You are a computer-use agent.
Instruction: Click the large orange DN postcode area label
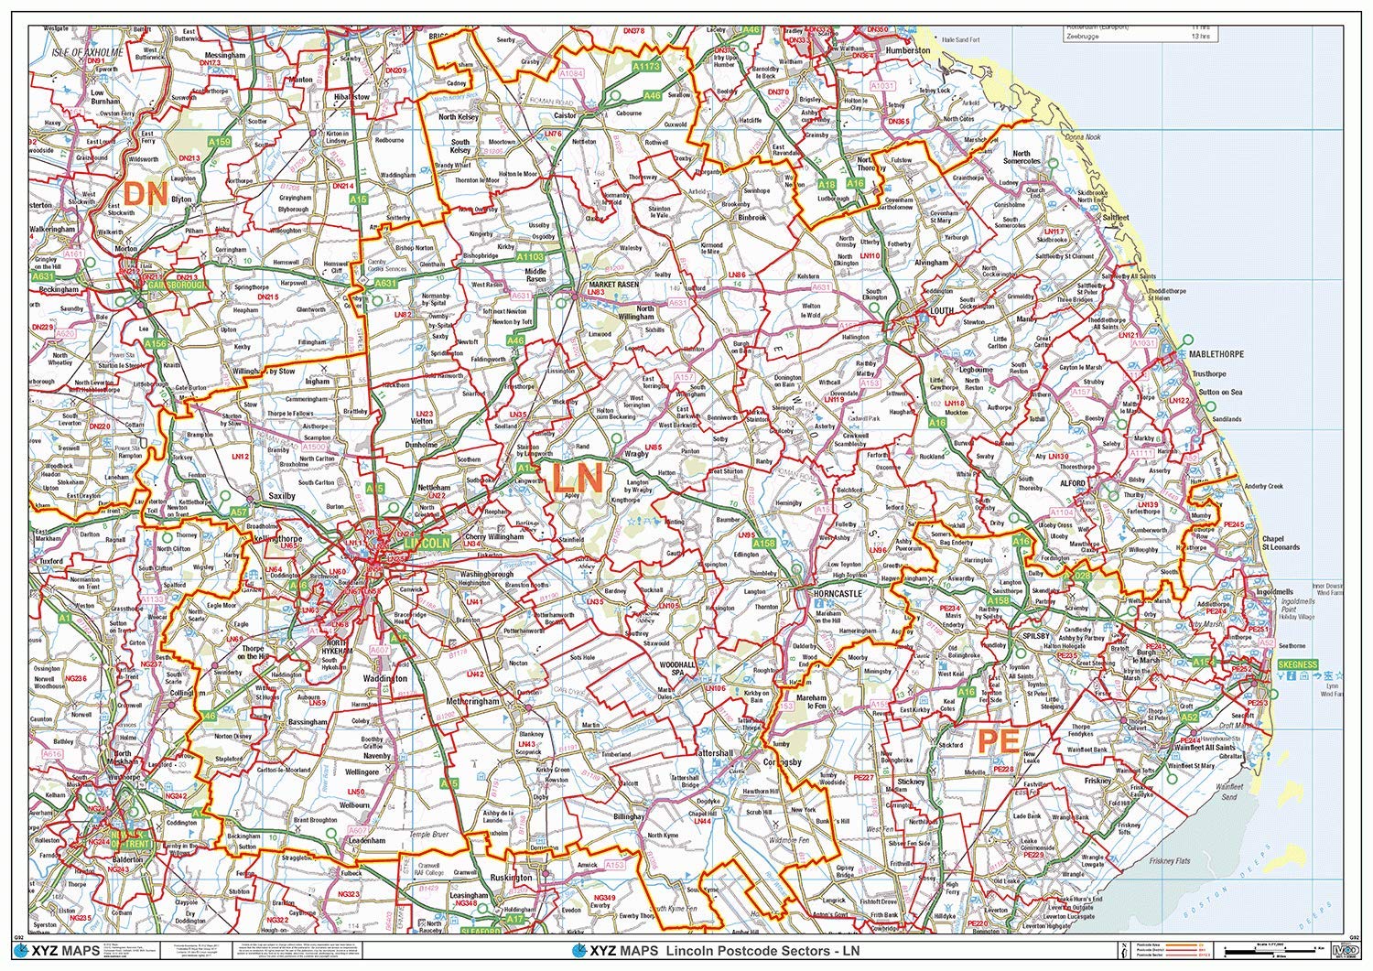point(146,194)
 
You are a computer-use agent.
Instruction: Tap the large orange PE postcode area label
point(997,741)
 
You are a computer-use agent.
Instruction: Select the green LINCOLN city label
point(427,543)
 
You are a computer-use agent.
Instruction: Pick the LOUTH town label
point(941,310)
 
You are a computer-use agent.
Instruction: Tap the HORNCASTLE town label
point(837,594)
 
